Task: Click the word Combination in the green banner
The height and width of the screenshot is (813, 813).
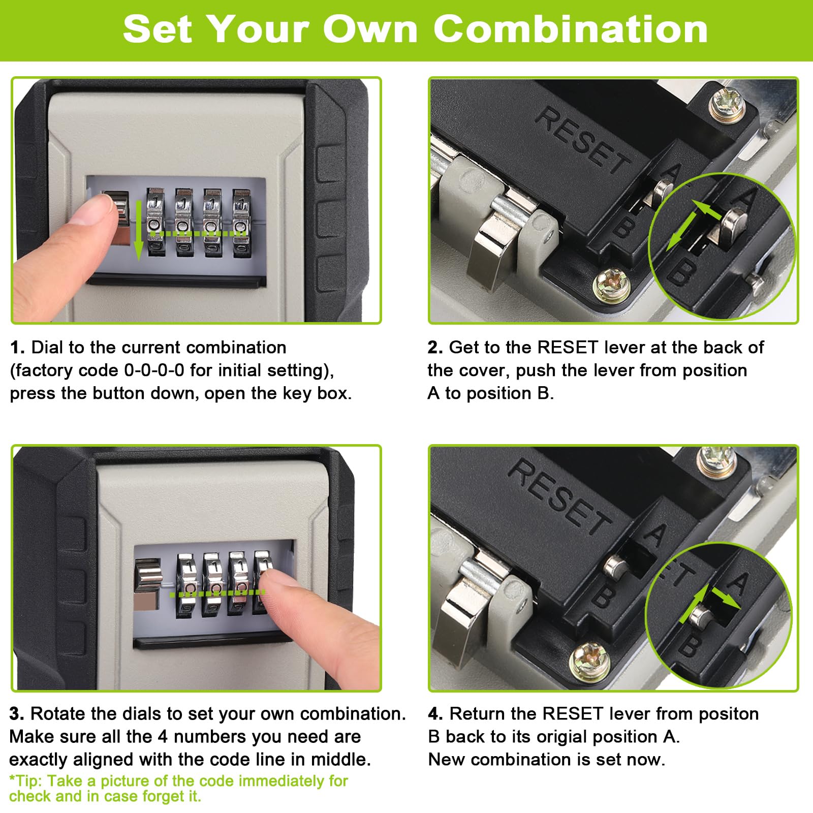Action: (571, 29)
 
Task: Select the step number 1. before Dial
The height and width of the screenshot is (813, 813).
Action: (17, 348)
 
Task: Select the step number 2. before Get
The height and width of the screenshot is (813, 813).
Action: (435, 348)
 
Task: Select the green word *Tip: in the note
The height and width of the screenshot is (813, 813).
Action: (26, 780)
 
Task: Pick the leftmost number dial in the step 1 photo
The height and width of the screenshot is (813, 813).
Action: (155, 222)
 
